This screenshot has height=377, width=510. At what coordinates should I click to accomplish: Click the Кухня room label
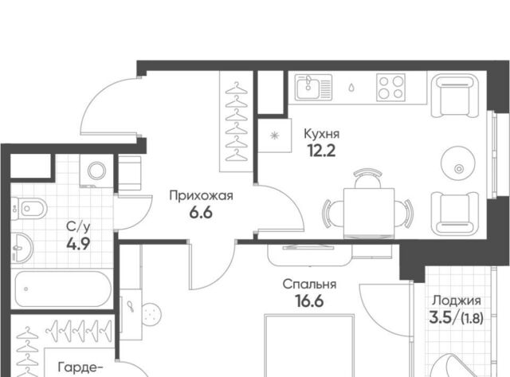point(321,134)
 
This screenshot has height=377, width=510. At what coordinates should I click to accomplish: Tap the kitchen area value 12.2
point(321,151)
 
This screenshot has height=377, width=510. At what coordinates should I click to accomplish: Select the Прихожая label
point(201,196)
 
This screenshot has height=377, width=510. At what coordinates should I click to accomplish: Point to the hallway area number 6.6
point(201,213)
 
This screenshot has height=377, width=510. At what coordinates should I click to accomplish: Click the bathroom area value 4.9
point(78,244)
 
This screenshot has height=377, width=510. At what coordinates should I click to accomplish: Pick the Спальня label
point(309,285)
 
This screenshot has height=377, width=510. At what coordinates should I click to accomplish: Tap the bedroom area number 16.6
point(309,301)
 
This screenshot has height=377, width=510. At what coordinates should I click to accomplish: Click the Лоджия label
point(457,301)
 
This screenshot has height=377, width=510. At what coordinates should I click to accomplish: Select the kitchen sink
point(313,87)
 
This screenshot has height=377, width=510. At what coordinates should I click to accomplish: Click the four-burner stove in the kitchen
point(390,87)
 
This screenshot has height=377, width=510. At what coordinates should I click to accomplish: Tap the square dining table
point(369,213)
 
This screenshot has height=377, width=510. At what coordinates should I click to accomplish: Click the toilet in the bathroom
point(29,208)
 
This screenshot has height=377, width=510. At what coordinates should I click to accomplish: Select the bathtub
point(63,289)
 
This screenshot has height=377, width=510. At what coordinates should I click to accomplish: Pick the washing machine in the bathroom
point(96,171)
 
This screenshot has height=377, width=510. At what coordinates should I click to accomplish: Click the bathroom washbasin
point(22,248)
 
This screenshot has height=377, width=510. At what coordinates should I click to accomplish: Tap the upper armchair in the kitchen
point(455,96)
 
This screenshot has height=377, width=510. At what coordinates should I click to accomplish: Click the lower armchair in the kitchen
point(455,213)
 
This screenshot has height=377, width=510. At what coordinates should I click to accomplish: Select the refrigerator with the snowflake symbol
point(275,135)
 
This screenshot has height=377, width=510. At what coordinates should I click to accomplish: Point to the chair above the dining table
point(367,179)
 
